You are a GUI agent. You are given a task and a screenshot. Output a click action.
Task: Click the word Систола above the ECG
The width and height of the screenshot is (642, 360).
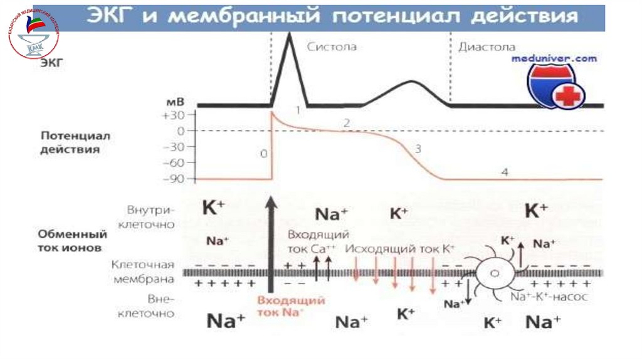[x=332, y=47]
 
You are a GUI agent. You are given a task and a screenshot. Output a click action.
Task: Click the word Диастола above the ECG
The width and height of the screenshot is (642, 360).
[x=487, y=47]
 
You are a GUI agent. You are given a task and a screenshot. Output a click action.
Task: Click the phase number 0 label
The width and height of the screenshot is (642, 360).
[x=263, y=154]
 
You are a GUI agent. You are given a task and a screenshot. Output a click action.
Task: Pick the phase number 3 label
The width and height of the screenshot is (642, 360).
[x=418, y=149]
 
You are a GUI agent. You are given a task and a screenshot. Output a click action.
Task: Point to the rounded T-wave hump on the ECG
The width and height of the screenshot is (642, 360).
[x=411, y=82]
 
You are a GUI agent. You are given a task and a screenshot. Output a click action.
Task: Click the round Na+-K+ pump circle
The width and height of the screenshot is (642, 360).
[x=494, y=273]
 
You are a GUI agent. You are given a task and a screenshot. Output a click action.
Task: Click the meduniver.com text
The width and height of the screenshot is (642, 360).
[x=554, y=58]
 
